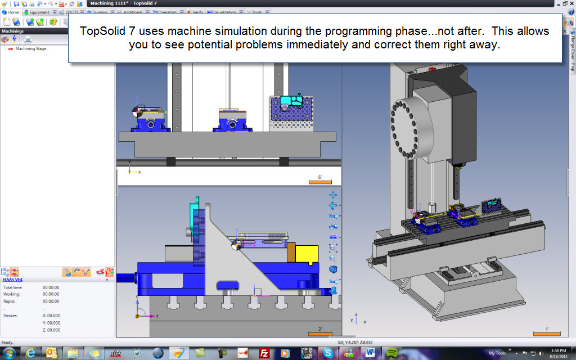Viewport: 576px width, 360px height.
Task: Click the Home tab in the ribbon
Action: pos(11,12)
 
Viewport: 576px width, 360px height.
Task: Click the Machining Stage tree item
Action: pos(30,49)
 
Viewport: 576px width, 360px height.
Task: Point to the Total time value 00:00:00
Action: pos(51,287)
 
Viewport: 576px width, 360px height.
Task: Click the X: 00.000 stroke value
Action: pos(52,316)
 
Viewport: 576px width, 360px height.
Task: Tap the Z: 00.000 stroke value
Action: pos(52,330)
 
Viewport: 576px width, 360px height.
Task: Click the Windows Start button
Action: pos(10,353)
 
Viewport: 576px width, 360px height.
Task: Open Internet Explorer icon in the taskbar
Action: pos(30,353)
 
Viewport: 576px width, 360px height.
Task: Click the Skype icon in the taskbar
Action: pos(327,353)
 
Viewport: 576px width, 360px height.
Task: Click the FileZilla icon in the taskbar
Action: pos(263,353)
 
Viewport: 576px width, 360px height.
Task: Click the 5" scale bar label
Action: pos(320,177)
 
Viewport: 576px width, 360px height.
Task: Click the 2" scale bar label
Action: pos(320,329)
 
